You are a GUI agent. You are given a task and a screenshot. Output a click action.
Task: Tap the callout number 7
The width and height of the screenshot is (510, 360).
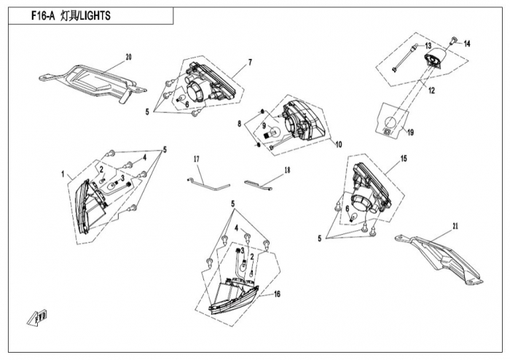(249, 63)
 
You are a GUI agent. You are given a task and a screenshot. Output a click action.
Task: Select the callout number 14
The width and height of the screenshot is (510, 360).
(467, 44)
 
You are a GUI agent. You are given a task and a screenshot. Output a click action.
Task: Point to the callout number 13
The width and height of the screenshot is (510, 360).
(428, 46)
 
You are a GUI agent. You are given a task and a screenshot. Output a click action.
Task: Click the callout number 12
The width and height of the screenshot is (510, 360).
(431, 91)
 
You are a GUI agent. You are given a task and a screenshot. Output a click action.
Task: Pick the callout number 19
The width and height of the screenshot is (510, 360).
(410, 133)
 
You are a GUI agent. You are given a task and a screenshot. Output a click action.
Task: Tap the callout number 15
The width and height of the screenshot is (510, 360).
(404, 158)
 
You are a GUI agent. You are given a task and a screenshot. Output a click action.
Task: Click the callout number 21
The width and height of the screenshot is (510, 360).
(455, 227)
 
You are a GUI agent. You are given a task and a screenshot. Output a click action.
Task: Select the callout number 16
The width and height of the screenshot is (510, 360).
(277, 294)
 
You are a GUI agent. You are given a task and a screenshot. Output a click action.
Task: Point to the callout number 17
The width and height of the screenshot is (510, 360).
(196, 159)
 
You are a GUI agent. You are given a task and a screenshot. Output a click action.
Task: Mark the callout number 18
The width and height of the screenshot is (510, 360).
(287, 170)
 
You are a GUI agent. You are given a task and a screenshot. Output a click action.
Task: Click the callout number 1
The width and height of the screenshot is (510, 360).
(63, 175)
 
